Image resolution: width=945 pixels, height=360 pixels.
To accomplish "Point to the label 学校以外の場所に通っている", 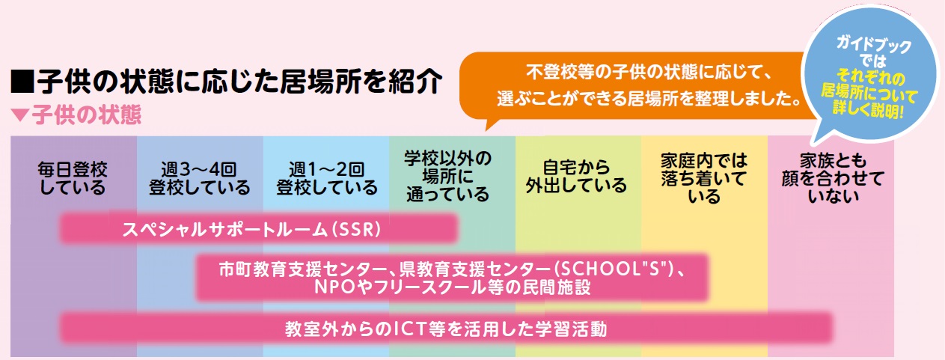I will [452, 177].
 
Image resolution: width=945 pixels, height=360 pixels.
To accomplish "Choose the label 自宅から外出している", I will [578, 177].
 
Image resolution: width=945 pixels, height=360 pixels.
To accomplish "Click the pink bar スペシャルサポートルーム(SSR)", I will [258, 228].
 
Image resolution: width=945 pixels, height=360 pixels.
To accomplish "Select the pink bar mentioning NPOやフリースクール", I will [452, 277].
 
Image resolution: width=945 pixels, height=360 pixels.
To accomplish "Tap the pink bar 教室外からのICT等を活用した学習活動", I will [446, 328].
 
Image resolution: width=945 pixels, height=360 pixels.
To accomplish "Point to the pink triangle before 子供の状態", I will [20, 116].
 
